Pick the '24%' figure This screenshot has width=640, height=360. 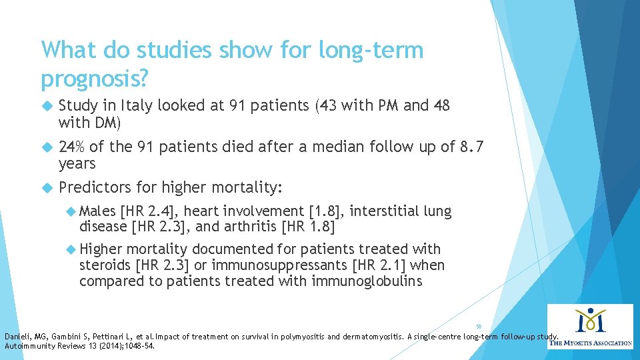[72, 147]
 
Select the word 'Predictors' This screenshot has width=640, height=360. [94, 188]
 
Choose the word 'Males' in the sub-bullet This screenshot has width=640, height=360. [98, 212]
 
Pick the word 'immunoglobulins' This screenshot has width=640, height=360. [367, 281]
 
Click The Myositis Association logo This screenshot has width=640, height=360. [589, 326]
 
